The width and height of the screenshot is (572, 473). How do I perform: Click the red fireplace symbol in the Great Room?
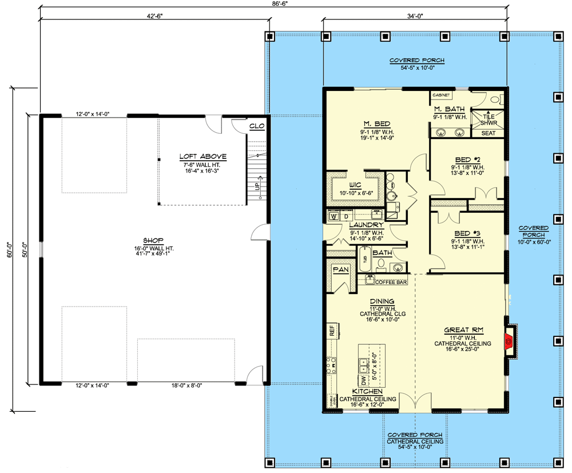(x=507, y=343)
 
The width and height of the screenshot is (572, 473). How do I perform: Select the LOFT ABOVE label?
(x=203, y=156)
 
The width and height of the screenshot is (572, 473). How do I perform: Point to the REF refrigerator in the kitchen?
(x=331, y=330)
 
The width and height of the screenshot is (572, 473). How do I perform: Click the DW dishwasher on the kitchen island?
(x=363, y=380)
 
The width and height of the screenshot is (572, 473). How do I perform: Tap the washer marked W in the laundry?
(x=333, y=216)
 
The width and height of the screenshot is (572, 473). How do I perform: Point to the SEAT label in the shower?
(x=488, y=133)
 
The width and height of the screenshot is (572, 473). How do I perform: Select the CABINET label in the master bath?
(x=441, y=95)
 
